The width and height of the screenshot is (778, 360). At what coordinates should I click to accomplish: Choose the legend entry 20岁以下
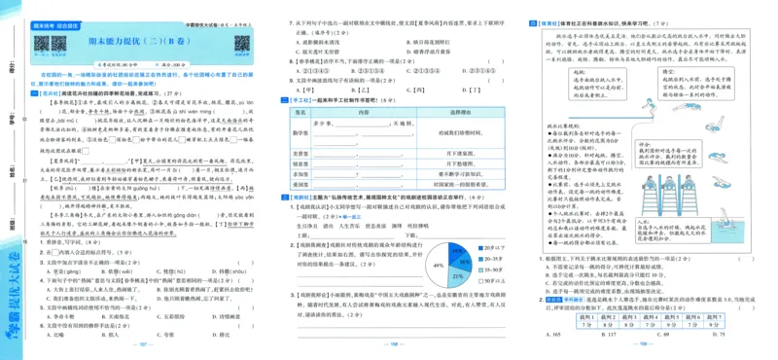click(492, 249)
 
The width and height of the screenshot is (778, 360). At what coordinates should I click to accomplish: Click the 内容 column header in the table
click(365, 112)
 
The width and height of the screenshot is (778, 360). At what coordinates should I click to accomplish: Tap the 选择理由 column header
click(459, 112)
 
